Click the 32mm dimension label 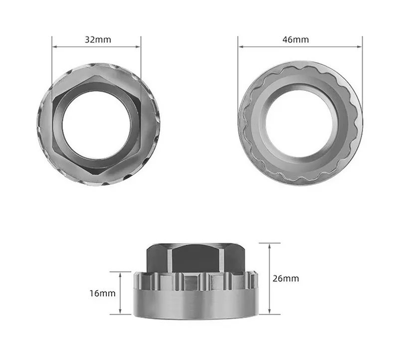tap(97, 39)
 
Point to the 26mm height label tap(286, 279)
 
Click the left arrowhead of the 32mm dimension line tap(54, 47)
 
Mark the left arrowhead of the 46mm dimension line tap(240, 47)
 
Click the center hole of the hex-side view tap(97, 125)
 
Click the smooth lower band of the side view tap(196, 304)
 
